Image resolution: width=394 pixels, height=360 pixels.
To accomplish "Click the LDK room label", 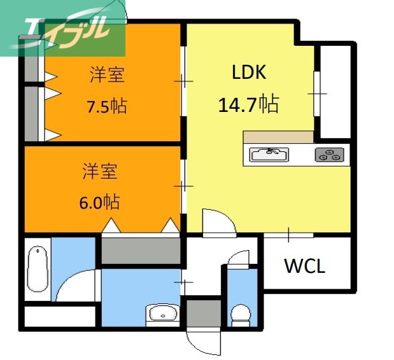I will (248, 73).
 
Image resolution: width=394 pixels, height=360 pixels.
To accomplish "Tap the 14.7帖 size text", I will (248, 104).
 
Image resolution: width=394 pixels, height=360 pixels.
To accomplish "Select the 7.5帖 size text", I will (106, 106).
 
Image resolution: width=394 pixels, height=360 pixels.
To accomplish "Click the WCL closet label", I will (304, 266).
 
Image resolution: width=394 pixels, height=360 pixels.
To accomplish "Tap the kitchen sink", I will (269, 155).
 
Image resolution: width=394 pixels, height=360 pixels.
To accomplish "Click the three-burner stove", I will (329, 155).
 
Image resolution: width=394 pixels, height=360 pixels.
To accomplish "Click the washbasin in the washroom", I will (164, 313).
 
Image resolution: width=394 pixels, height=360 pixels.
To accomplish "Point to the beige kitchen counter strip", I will (278, 137).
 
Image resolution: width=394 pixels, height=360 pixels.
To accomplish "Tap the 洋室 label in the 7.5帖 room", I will (106, 75).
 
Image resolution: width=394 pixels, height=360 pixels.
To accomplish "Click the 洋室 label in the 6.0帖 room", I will (99, 171).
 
